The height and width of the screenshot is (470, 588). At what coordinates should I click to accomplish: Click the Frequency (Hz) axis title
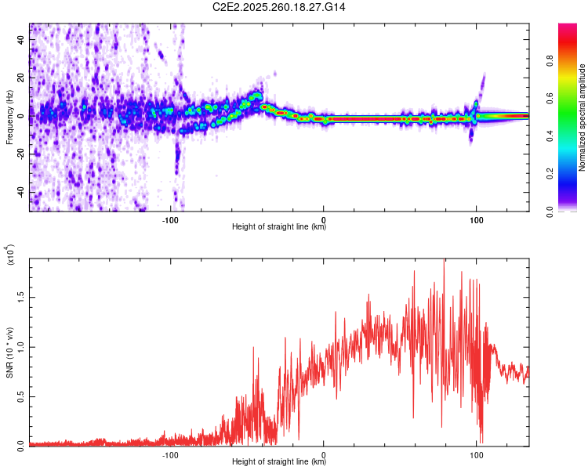pyautogui.click(x=9, y=117)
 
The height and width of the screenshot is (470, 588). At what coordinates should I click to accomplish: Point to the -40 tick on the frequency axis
pyautogui.click(x=21, y=192)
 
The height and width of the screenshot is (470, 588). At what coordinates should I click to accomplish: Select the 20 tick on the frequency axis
pyautogui.click(x=23, y=78)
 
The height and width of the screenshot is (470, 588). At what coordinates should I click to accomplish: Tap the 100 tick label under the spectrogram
pyautogui.click(x=476, y=219)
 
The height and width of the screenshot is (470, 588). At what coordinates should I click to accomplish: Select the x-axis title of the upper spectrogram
pyautogui.click(x=279, y=228)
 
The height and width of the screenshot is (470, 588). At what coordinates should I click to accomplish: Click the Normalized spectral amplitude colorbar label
pyautogui.click(x=583, y=117)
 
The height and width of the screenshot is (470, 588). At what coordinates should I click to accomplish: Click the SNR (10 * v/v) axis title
pyautogui.click(x=9, y=352)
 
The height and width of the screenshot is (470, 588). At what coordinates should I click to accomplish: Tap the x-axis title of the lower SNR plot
pyautogui.click(x=279, y=463)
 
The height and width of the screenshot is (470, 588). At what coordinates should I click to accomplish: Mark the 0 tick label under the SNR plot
pyautogui.click(x=324, y=454)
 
